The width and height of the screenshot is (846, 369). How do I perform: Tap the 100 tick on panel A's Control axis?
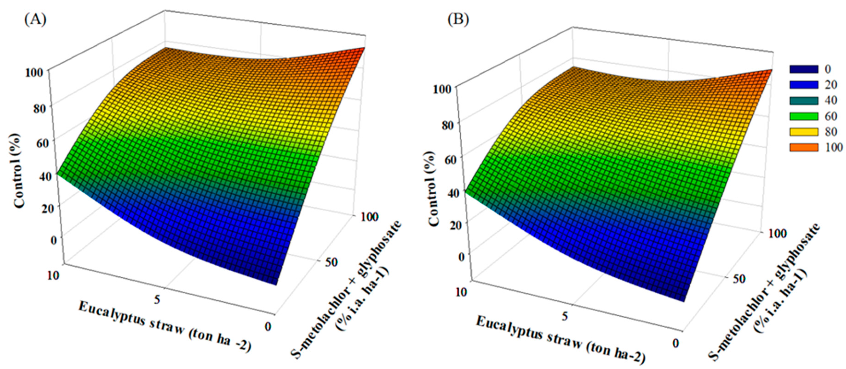[x=34, y=72]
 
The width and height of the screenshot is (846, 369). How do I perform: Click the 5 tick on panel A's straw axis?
[x=157, y=299]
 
